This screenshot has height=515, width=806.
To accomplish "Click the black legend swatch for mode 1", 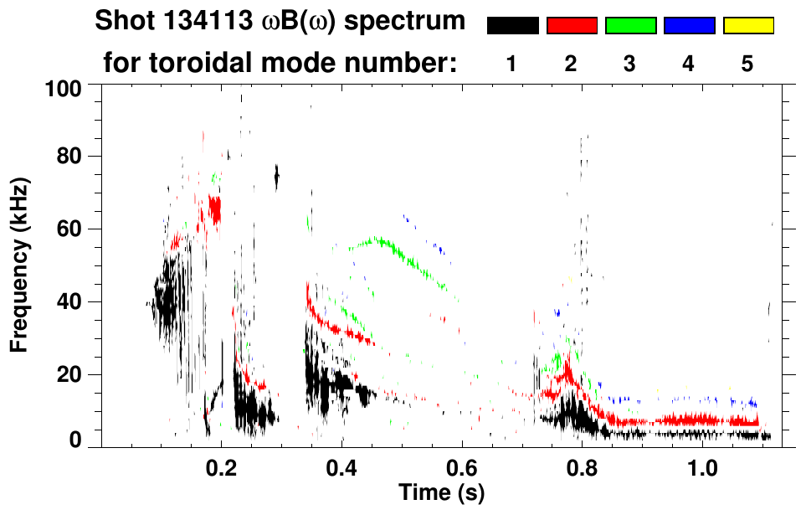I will click(x=512, y=25).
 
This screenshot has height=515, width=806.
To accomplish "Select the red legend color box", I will click(x=572, y=25).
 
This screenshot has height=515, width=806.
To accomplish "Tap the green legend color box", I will click(x=630, y=25).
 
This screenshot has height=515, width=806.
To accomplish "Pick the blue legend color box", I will click(x=689, y=25).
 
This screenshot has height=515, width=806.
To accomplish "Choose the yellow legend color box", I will click(x=747, y=25).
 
